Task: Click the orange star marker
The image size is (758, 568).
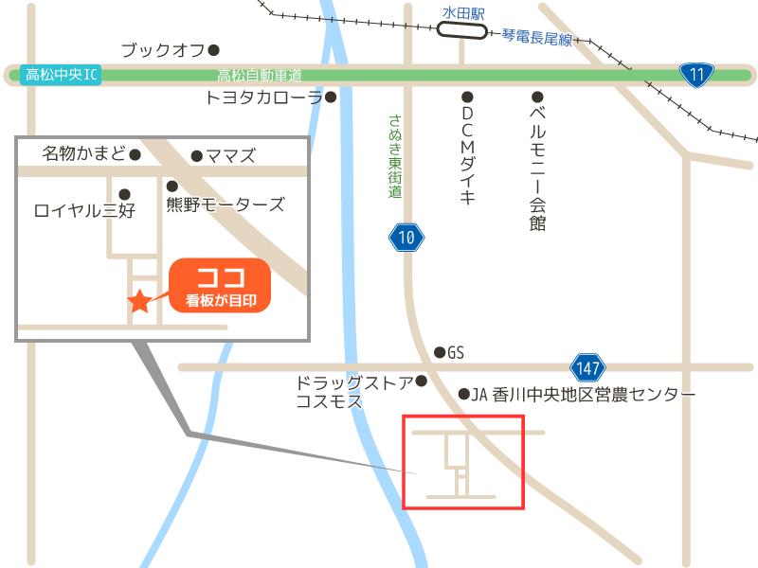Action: tap(139, 302)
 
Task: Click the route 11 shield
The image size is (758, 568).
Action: tap(696, 75)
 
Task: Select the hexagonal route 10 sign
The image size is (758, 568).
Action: tap(406, 238)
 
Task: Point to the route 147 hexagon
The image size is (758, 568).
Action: tap(587, 367)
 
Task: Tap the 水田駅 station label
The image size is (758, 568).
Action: tap(463, 13)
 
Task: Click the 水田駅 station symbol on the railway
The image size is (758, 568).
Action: tap(463, 32)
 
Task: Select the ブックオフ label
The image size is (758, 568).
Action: tap(163, 50)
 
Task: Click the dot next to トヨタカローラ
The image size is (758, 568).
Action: tap(331, 97)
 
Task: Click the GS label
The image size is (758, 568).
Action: tap(456, 352)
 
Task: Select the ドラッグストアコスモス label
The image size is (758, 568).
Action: tap(352, 392)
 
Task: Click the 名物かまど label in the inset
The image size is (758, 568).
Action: tap(83, 153)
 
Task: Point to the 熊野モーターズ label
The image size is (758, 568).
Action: tap(225, 204)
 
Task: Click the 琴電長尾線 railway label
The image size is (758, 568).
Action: tap(537, 39)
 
